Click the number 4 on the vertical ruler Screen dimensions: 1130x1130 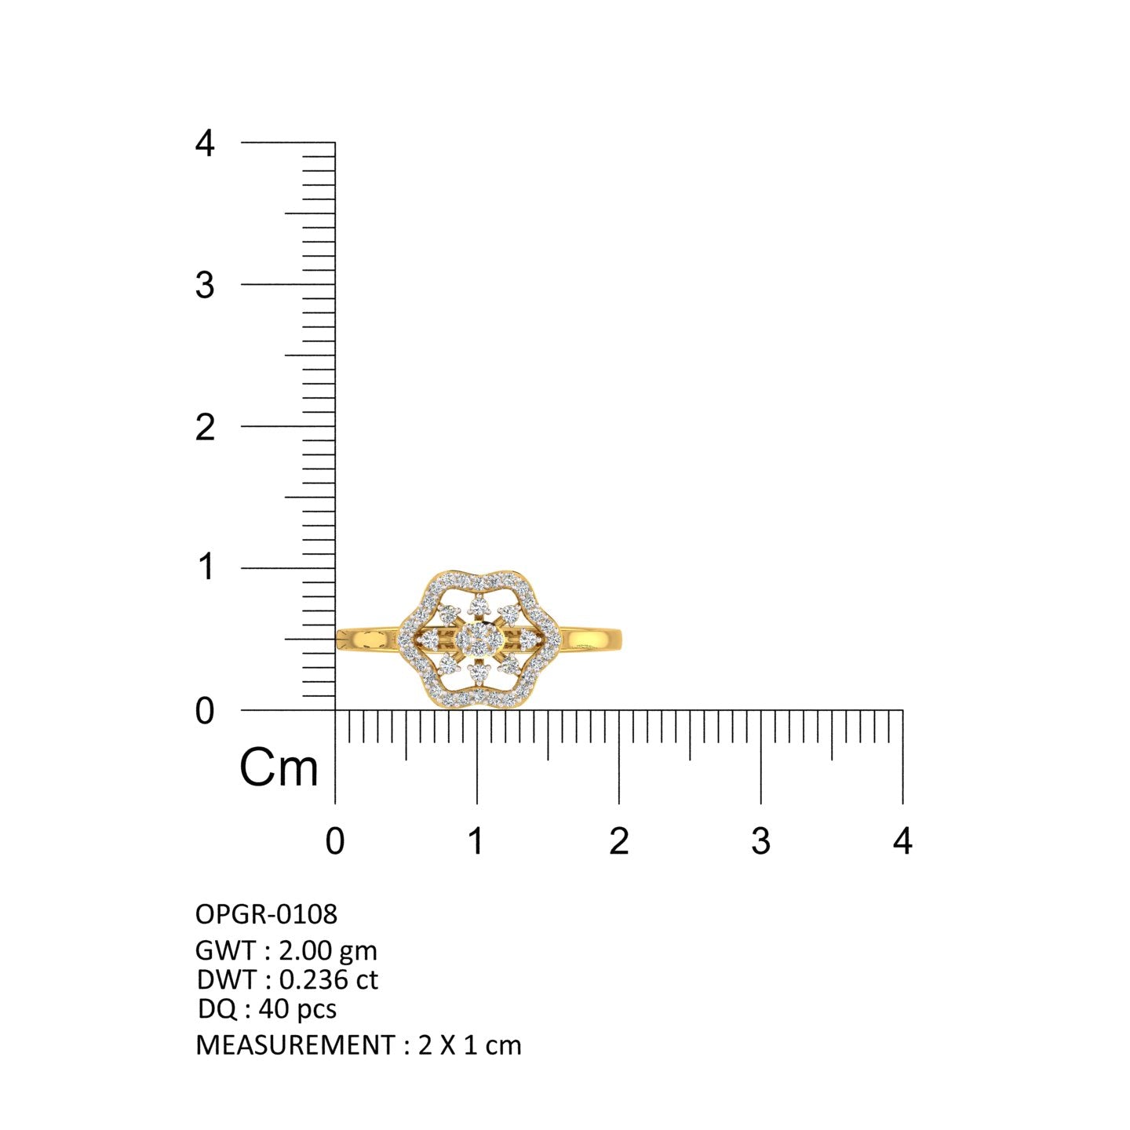pos(205,143)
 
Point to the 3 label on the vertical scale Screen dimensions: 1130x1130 pos(205,286)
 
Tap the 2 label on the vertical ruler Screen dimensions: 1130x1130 pos(205,428)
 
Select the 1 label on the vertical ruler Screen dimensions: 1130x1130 pos(206,567)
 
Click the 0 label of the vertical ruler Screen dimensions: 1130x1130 pos(205,711)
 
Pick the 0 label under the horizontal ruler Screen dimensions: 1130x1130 pos(335,841)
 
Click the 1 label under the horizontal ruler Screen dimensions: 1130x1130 pos(476,841)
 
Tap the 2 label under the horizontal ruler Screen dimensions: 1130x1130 pos(619,841)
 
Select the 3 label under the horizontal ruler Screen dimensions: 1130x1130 pos(760,841)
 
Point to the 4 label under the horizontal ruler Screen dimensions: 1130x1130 pos(902,841)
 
